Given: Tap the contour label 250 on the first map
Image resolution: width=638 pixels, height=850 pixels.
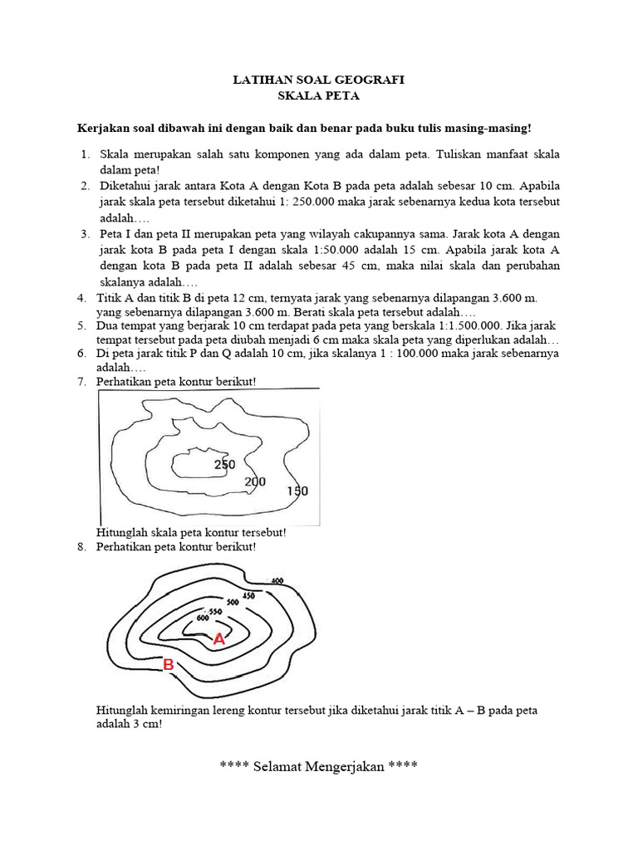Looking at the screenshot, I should pyautogui.click(x=224, y=464).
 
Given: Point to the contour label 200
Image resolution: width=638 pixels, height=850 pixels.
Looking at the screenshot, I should pyautogui.click(x=255, y=481).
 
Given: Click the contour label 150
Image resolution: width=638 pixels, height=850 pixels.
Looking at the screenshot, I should pyautogui.click(x=297, y=491).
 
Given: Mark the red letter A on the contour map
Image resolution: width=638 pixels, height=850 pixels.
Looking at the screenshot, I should pyautogui.click(x=218, y=639).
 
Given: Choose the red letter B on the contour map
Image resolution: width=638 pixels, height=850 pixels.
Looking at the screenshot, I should pyautogui.click(x=168, y=665).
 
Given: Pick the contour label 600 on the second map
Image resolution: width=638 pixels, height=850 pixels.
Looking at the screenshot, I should pyautogui.click(x=202, y=618).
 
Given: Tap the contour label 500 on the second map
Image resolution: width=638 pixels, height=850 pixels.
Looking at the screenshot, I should pyautogui.click(x=233, y=601).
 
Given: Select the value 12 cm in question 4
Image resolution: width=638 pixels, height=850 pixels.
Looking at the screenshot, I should pyautogui.click(x=232, y=298).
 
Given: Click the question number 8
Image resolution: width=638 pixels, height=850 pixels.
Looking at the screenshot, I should pyautogui.click(x=81, y=547).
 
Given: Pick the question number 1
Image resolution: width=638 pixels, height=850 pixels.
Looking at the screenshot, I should pyautogui.click(x=86, y=154).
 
